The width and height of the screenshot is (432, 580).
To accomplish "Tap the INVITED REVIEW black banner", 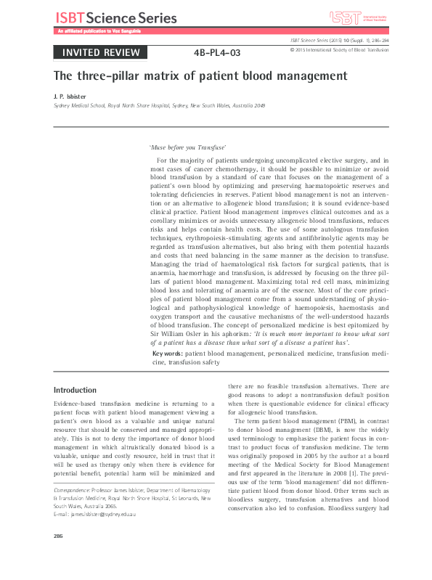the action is click(x=100, y=52).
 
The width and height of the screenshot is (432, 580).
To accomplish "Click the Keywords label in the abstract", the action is click(x=168, y=353).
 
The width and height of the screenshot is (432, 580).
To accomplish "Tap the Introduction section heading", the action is click(x=75, y=390).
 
